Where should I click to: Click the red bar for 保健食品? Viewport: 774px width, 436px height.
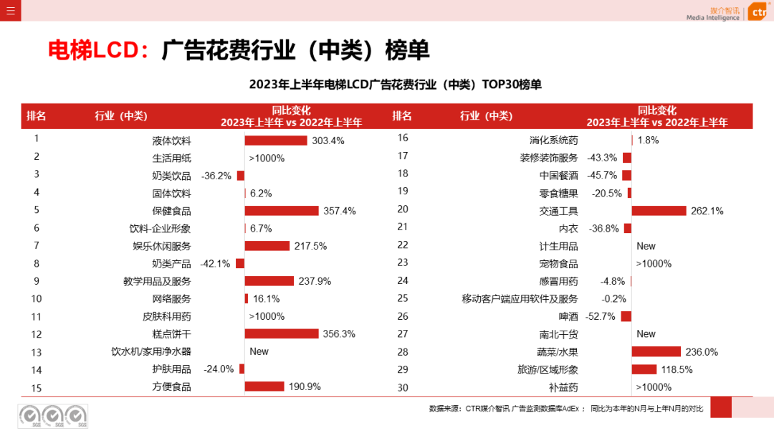pyautogui.click(x=281, y=211)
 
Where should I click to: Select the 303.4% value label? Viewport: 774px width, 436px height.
pyautogui.click(x=328, y=141)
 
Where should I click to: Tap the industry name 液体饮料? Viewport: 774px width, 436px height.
pyautogui.click(x=171, y=141)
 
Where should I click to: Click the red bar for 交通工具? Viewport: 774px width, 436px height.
pyautogui.click(x=659, y=211)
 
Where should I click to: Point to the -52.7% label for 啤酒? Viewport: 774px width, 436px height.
pyautogui.click(x=601, y=316)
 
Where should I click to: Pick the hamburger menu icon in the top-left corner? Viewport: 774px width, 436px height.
pyautogui.click(x=10, y=10)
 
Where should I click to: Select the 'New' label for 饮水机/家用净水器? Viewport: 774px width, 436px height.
pyautogui.click(x=259, y=351)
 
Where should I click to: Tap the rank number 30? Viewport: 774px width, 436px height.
pyautogui.click(x=402, y=387)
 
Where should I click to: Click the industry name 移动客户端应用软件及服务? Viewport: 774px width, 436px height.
pyautogui.click(x=520, y=298)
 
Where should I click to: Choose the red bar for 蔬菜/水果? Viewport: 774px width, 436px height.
pyautogui.click(x=656, y=351)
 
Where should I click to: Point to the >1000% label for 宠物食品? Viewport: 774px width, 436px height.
pyautogui.click(x=654, y=264)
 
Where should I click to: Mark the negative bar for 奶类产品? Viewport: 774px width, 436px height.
pyautogui.click(x=240, y=264)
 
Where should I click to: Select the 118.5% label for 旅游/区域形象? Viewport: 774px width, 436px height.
pyautogui.click(x=677, y=369)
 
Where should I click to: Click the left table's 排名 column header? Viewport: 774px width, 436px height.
pyautogui.click(x=37, y=116)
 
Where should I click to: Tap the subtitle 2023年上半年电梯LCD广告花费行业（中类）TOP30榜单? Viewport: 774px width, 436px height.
pyautogui.click(x=395, y=85)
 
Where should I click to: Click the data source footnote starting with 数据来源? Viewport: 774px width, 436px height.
pyautogui.click(x=565, y=409)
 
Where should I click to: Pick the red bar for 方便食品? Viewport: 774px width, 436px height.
pyautogui.click(x=264, y=387)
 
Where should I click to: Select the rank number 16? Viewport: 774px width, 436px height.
pyautogui.click(x=402, y=138)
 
